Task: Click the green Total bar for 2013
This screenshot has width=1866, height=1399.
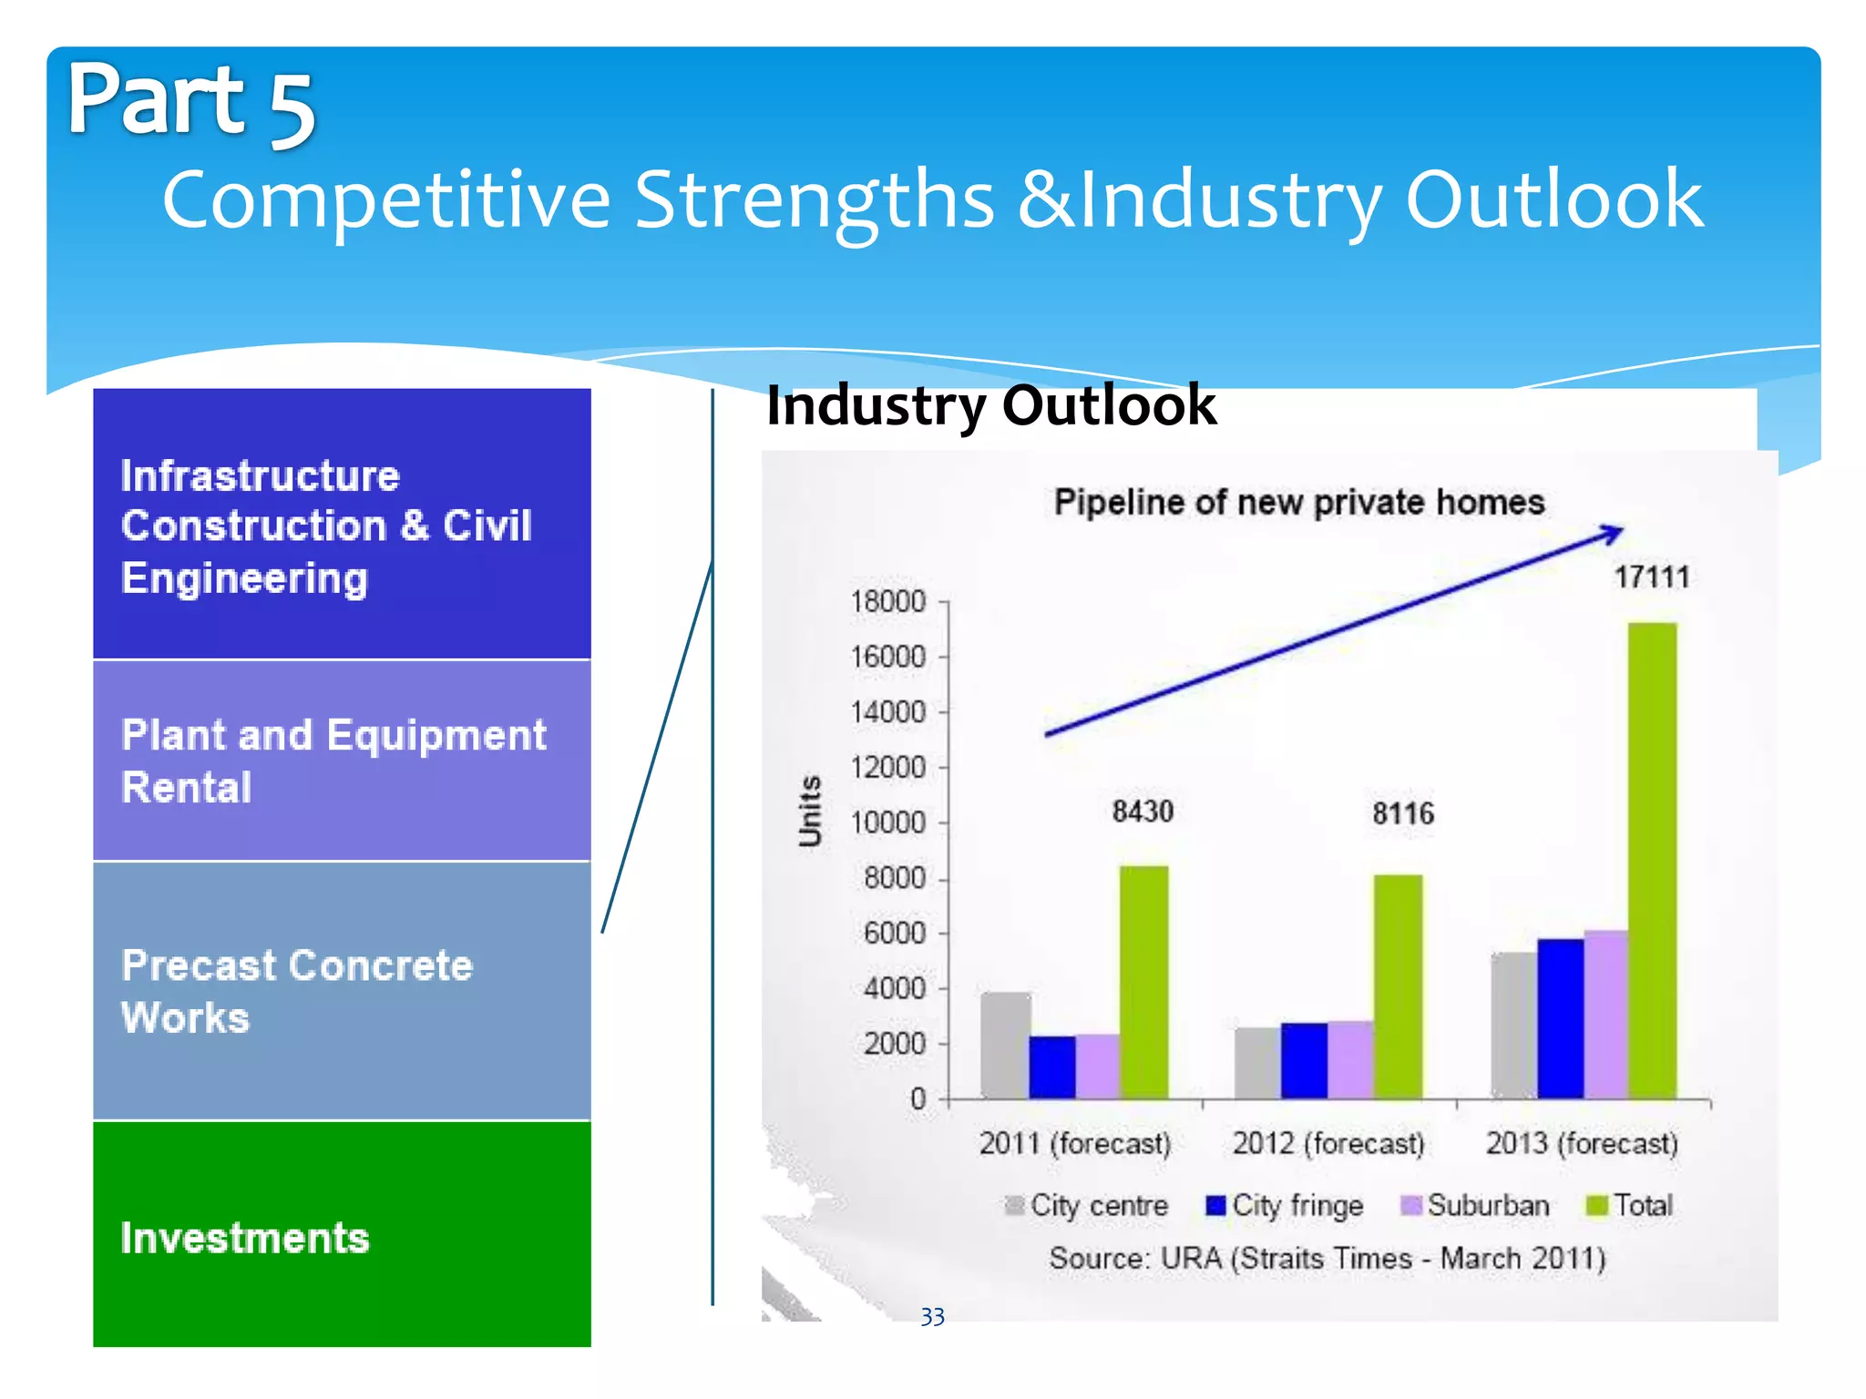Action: pos(1652,861)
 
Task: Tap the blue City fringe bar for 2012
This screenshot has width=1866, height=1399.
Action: pos(1304,1061)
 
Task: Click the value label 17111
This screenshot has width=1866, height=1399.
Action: pos(1651,577)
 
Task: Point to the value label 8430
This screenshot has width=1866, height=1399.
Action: pos(1143,811)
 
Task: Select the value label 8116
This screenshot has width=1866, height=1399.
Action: pos(1403,813)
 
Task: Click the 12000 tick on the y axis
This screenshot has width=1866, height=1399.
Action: pos(888,768)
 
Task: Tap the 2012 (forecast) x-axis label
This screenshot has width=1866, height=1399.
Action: pos(1328,1143)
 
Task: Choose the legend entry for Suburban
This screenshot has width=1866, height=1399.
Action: pos(1476,1206)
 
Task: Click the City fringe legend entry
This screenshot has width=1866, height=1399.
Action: pos(1285,1206)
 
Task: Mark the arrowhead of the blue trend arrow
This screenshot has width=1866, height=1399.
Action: pos(1612,534)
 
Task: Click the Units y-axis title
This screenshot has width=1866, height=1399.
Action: pos(810,811)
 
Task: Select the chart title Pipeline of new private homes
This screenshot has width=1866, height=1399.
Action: pos(1299,503)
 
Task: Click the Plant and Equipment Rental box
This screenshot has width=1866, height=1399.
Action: pos(342,761)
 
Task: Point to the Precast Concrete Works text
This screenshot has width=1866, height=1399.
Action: pos(297,991)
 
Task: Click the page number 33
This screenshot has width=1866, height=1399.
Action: pos(932,1317)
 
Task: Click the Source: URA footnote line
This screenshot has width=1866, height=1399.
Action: pos(1327,1259)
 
